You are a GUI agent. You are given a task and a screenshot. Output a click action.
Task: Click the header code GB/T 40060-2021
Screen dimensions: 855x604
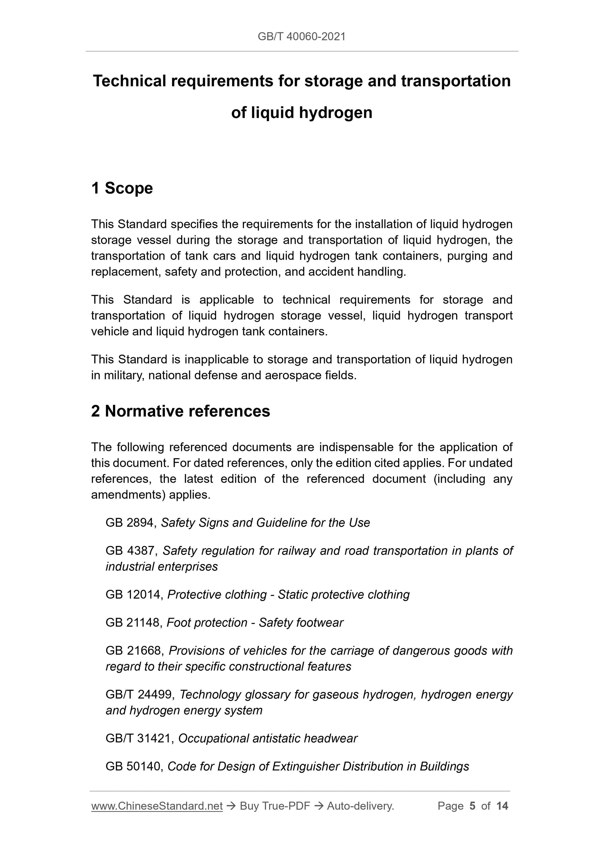point(301,37)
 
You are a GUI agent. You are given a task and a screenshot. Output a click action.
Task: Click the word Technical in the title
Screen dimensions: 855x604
point(129,81)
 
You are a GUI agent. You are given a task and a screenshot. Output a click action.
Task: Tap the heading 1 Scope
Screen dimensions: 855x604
point(122,188)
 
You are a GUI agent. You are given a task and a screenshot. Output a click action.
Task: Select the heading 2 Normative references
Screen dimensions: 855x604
point(181,411)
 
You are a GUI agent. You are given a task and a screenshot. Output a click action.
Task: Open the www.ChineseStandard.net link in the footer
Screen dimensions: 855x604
point(157,806)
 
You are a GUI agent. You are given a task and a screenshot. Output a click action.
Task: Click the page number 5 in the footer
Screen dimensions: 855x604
point(472,806)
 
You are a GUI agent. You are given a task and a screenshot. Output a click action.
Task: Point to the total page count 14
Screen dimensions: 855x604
point(502,806)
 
